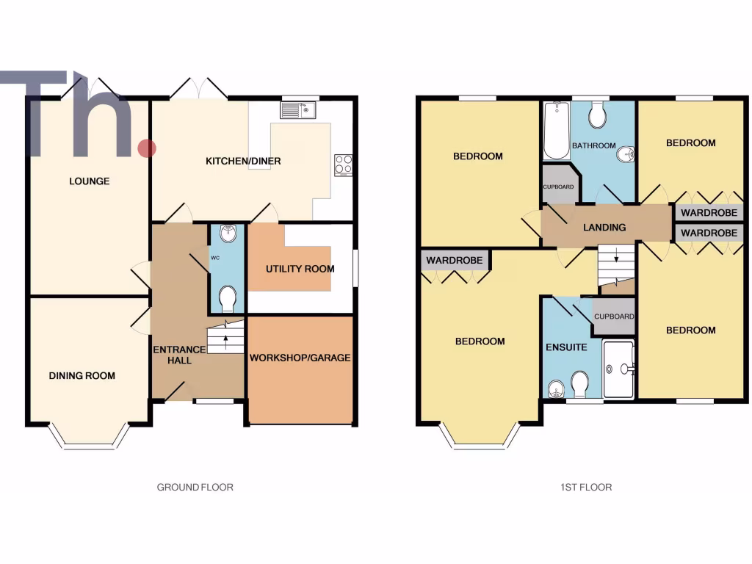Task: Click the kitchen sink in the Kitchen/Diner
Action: tap(297, 111)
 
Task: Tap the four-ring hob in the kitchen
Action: tap(343, 164)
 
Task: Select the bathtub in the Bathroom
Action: tap(557, 131)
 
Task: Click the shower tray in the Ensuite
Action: tap(618, 369)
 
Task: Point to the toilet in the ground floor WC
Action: tap(228, 300)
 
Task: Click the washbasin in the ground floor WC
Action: tap(228, 234)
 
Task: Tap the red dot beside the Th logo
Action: tap(147, 148)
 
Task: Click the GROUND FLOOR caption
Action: tap(195, 487)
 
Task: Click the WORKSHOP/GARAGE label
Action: tap(300, 358)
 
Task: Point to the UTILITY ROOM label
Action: tap(300, 269)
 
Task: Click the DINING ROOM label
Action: tap(82, 376)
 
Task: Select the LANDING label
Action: tap(604, 228)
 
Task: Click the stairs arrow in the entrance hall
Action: tap(225, 341)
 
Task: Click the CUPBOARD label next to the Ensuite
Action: tap(614, 317)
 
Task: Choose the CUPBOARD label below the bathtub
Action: tap(558, 187)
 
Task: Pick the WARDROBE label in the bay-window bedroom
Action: tap(455, 261)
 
